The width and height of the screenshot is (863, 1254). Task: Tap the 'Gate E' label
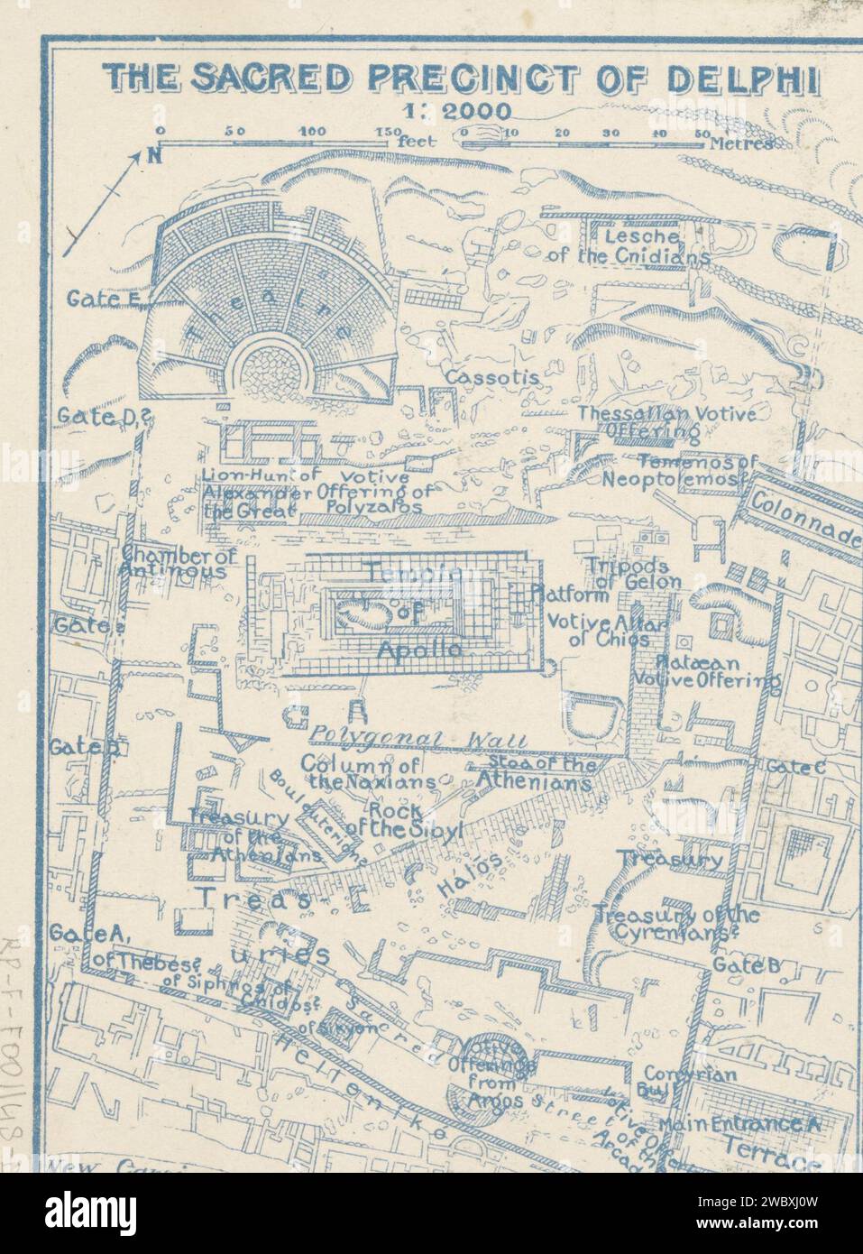[x=98, y=300]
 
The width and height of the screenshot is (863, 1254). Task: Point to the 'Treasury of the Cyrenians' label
[x=677, y=925]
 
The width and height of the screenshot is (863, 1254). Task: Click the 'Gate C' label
[x=794, y=766]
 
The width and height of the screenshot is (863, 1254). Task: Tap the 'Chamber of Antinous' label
[x=179, y=564]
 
